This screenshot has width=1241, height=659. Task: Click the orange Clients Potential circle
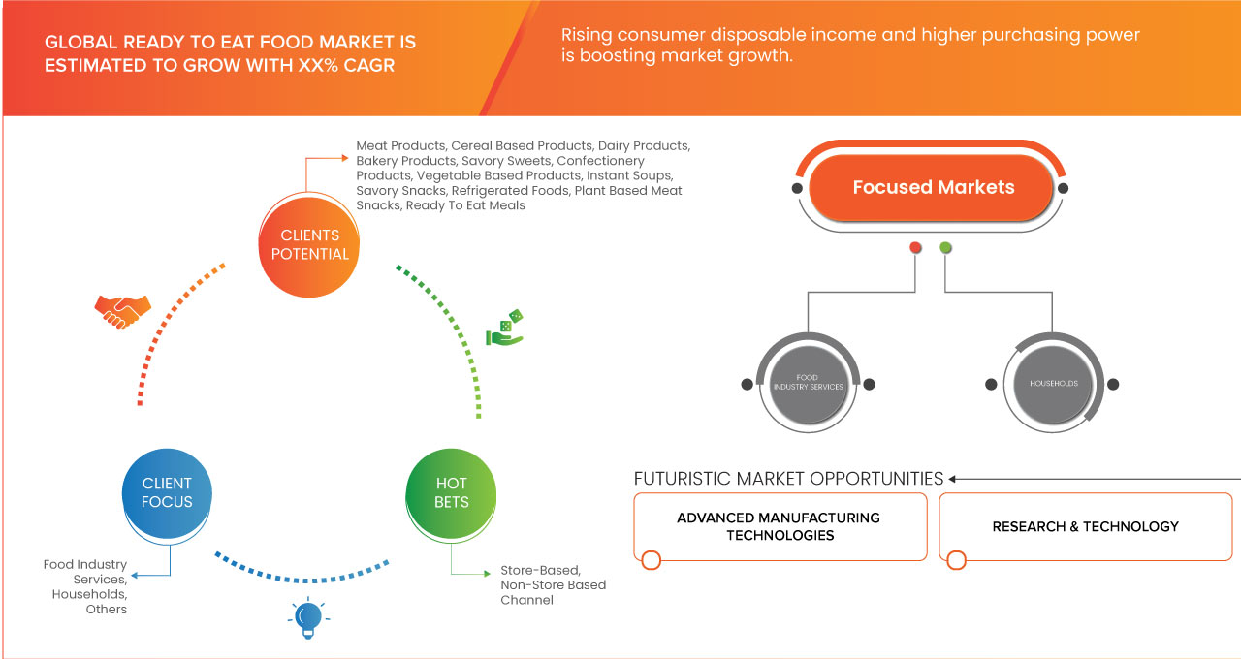pos(309,244)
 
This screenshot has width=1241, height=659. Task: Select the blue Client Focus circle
pos(167,492)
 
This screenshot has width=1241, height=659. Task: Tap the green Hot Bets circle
pos(451,492)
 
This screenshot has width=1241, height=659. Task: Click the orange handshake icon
pos(122,311)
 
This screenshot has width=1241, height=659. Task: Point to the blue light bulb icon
pos(308,617)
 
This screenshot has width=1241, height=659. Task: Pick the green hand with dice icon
pos(504,329)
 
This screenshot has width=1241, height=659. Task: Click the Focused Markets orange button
pos(933,187)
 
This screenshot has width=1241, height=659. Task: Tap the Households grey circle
pos(1053,384)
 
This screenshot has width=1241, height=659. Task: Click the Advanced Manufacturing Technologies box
pos(779,526)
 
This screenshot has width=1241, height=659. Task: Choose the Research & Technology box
pos(1085,526)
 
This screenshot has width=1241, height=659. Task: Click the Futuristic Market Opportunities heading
pos(788,479)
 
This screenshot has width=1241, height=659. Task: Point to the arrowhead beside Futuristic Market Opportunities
pos(953,479)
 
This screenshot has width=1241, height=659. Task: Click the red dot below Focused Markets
pos(915,248)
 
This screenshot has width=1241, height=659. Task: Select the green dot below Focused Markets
pos(945,248)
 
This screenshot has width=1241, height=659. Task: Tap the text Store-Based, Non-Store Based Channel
pos(553,585)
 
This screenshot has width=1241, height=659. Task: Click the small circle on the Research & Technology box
pos(956,560)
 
